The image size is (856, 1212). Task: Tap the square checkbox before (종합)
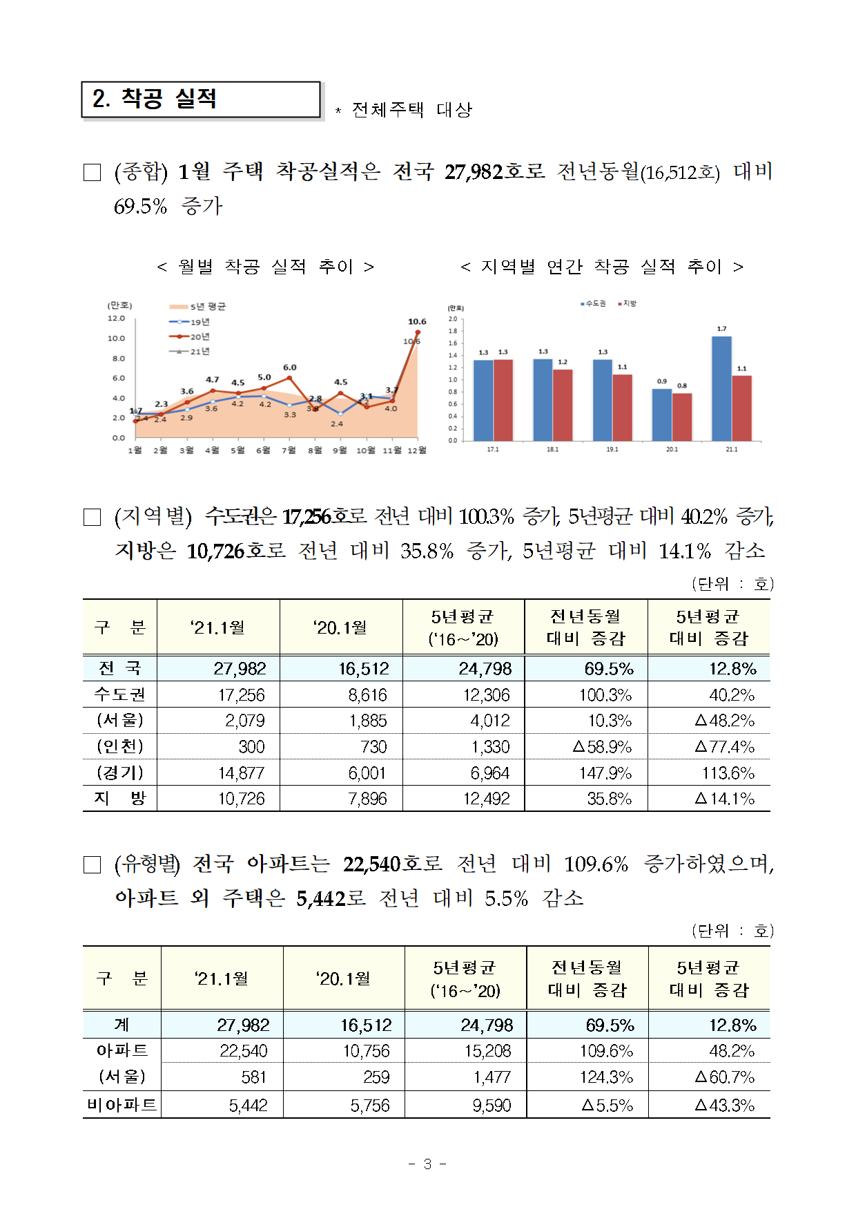pyautogui.click(x=92, y=172)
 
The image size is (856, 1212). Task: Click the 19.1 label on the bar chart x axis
pyautogui.click(x=612, y=449)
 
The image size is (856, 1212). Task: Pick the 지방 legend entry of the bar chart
pyautogui.click(x=628, y=303)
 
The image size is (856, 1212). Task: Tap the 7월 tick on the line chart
pyautogui.click(x=289, y=451)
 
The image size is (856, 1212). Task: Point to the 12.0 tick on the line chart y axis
pyautogui.click(x=116, y=319)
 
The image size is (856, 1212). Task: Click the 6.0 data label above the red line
pyautogui.click(x=290, y=368)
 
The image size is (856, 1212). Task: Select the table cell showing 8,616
pyautogui.click(x=367, y=695)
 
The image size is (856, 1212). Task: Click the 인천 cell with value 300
pyautogui.click(x=251, y=747)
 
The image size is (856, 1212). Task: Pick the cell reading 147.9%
pyautogui.click(x=605, y=773)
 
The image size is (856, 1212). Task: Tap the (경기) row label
pyautogui.click(x=120, y=773)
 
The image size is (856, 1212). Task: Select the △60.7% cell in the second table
pyautogui.click(x=724, y=1077)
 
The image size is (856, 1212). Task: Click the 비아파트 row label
pyautogui.click(x=121, y=1105)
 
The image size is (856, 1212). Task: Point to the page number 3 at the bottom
pyautogui.click(x=427, y=1164)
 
